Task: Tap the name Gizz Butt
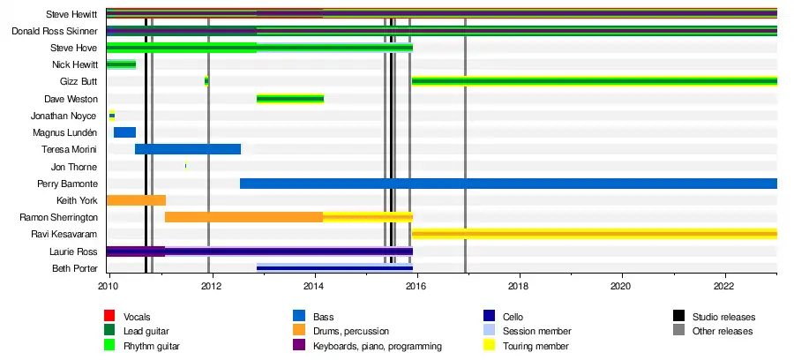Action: coord(80,81)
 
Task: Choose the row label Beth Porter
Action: coord(75,268)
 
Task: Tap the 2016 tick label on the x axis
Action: coord(416,286)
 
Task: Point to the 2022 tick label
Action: coord(723,286)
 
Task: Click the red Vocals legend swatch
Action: coord(110,316)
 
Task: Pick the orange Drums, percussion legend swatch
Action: coord(299,331)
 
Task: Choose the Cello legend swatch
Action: coord(489,316)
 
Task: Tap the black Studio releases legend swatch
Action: coord(678,316)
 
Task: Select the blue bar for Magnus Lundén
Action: coord(124,132)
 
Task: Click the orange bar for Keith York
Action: coord(136,200)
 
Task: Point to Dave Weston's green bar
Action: coord(290,98)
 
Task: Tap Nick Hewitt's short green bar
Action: coord(121,64)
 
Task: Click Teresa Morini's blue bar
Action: coord(188,149)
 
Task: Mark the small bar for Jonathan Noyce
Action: coord(112,116)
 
